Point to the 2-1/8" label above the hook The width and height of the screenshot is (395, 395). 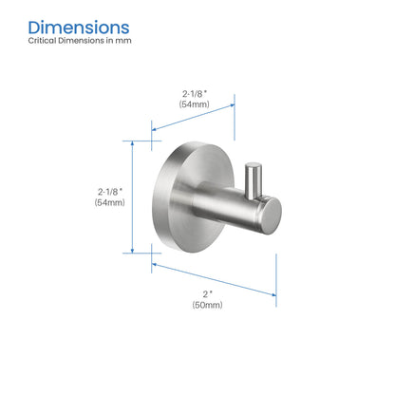point(195,91)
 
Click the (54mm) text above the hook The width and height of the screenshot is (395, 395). point(195,103)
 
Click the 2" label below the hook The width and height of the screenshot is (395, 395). point(206,292)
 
